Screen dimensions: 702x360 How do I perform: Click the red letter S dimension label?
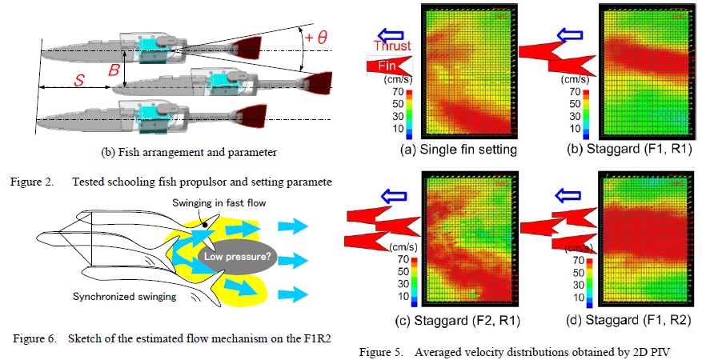[x=78, y=82]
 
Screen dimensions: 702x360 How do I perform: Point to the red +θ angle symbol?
[x=316, y=38]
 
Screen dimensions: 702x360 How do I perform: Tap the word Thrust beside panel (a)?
[x=393, y=45]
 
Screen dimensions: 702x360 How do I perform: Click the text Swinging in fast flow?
[x=219, y=203]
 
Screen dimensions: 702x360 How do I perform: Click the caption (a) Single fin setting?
[x=459, y=150]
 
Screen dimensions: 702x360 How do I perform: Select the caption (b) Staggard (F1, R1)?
[x=637, y=150]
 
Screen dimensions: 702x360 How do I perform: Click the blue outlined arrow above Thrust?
[x=391, y=34]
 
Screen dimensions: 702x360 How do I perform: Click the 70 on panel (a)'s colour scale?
[x=398, y=92]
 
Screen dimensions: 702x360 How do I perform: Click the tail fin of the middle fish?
[x=318, y=82]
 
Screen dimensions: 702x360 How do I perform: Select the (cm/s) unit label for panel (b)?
[x=583, y=80]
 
